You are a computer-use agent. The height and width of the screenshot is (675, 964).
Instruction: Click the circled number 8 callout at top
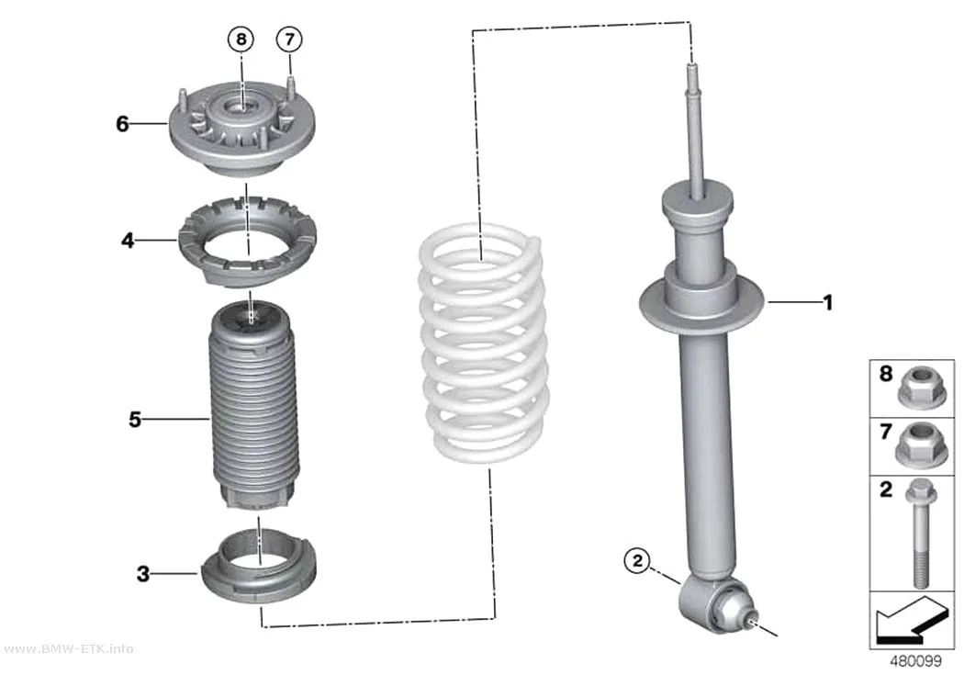click(241, 39)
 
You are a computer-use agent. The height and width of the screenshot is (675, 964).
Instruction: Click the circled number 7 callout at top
click(289, 39)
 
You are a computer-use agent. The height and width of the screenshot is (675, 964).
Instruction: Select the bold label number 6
click(122, 124)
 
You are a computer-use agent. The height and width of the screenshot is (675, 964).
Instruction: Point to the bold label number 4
click(128, 241)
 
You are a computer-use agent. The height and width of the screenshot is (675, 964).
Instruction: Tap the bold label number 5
click(135, 420)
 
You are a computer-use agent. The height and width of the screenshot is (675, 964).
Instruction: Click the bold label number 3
click(142, 574)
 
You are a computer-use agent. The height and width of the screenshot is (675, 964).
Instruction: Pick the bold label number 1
click(828, 302)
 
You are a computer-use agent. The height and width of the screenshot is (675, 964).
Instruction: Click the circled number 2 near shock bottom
click(637, 560)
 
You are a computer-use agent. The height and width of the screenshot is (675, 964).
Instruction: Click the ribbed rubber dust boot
click(252, 406)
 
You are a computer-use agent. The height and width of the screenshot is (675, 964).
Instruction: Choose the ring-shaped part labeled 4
click(247, 242)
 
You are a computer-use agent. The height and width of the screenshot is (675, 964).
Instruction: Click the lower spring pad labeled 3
click(260, 568)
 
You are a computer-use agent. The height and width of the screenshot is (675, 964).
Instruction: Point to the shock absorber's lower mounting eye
click(715, 605)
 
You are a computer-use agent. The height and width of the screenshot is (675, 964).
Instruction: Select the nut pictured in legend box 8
click(914, 387)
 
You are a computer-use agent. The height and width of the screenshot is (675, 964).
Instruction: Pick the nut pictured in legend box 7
click(914, 444)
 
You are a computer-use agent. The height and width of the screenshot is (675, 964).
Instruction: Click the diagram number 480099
click(915, 661)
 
